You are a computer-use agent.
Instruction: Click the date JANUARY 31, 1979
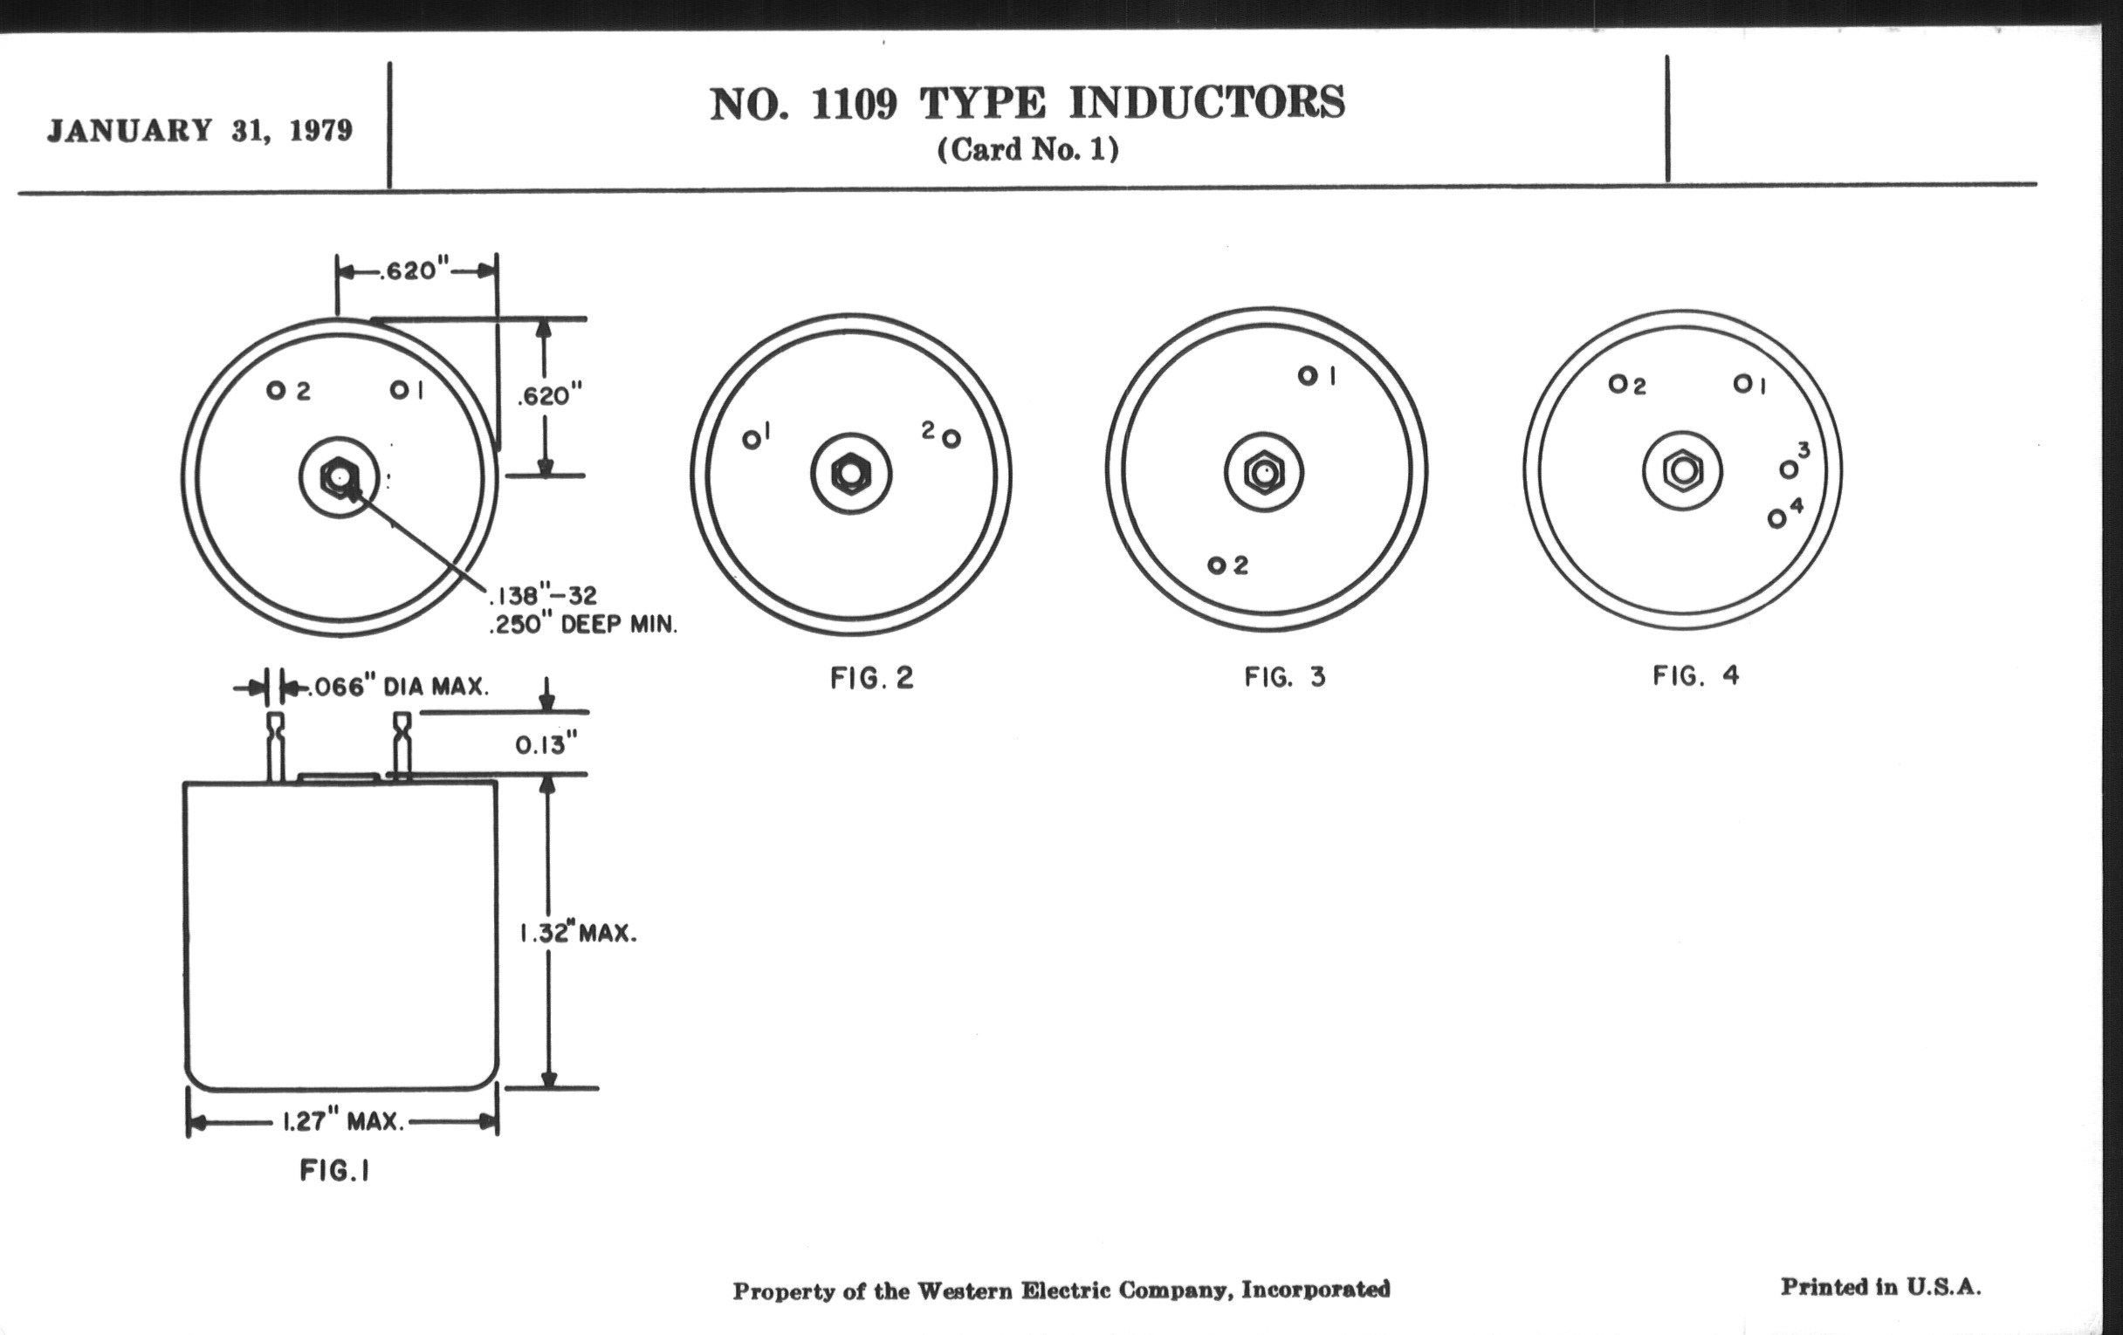(199, 130)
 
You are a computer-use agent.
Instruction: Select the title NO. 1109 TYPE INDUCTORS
(1027, 103)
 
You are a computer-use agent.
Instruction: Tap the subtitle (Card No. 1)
(1027, 150)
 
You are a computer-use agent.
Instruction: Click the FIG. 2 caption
(872, 678)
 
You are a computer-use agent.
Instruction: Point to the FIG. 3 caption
(1285, 677)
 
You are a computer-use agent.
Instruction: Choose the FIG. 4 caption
(1695, 676)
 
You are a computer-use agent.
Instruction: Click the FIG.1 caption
(334, 1170)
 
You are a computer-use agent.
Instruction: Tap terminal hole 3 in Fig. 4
(1788, 469)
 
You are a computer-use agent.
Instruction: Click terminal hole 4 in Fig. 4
(1776, 519)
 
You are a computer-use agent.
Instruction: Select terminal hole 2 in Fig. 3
(1217, 565)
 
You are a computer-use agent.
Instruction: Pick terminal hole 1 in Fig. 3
(1308, 376)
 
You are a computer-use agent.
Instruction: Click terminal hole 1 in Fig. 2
(751, 440)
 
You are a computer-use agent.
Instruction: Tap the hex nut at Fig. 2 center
(851, 474)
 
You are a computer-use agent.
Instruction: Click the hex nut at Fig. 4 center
(1682, 470)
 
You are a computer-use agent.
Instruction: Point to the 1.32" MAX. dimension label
(578, 933)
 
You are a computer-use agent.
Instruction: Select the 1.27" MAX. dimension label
(343, 1122)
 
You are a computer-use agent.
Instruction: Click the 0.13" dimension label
(546, 745)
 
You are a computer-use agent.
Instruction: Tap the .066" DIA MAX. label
(396, 687)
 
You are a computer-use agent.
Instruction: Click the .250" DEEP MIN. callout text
(583, 625)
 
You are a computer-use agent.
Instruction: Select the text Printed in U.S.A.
(1880, 1287)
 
